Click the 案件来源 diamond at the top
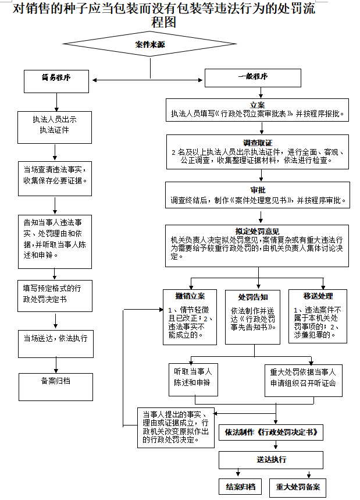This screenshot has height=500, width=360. (x=150, y=44)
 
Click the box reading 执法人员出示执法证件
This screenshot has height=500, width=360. (x=55, y=126)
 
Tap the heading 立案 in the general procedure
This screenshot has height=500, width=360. (x=258, y=105)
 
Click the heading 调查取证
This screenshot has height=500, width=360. (x=258, y=143)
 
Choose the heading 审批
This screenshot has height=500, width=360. (x=258, y=190)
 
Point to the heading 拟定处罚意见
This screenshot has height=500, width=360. (x=258, y=231)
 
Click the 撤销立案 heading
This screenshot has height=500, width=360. (x=190, y=296)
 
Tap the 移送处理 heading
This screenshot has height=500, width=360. (x=318, y=296)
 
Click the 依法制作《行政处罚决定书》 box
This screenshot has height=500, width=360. (x=270, y=432)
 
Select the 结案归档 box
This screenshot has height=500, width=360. (x=236, y=486)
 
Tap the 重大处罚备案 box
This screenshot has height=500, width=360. (x=298, y=487)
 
